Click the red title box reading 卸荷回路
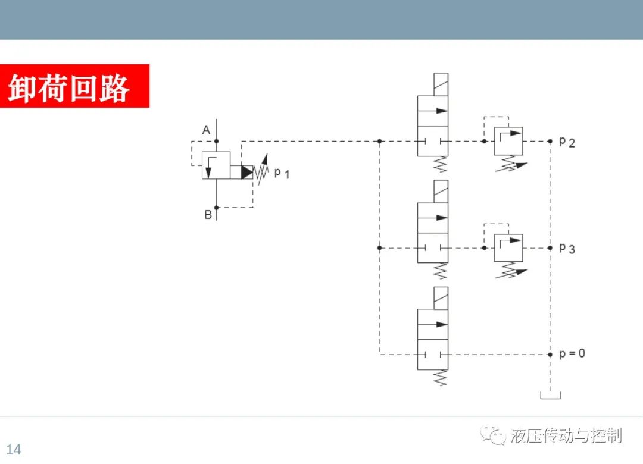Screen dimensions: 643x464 74,86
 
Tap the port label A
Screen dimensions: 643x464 206,130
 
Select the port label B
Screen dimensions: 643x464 208,214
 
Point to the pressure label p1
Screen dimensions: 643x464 282,173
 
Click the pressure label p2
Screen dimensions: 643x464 567,142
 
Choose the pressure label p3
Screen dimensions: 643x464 567,249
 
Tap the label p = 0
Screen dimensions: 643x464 572,353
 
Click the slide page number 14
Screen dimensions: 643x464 14,449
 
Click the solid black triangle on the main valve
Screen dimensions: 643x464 247,172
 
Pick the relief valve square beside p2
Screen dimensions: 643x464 508,141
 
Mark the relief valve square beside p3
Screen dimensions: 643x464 508,247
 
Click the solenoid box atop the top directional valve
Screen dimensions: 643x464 441,84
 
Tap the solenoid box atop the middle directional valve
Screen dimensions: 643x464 441,192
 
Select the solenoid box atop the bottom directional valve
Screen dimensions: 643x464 441,298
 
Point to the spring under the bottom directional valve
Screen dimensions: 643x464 440,378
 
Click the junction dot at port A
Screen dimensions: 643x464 217,141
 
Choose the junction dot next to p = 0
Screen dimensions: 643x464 550,355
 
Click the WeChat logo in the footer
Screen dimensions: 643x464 494,435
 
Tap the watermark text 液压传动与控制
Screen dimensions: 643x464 566,435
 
